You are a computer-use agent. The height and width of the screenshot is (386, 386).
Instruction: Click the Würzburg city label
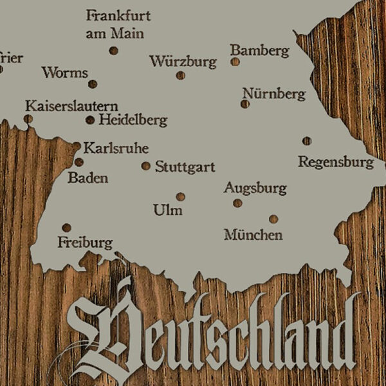(183, 62)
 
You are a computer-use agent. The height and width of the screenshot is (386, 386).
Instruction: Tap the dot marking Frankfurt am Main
(113, 50)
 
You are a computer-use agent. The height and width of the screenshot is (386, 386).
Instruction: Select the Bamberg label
(259, 50)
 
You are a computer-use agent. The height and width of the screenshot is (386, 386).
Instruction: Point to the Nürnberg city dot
(245, 104)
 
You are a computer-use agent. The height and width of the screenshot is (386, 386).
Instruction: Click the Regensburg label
(335, 161)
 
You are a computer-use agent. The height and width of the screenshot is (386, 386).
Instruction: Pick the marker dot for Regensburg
(307, 141)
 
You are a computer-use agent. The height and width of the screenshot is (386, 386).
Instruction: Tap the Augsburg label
(255, 188)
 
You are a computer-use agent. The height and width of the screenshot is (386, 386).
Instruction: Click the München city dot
(273, 219)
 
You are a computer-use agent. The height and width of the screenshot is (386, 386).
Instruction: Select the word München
(253, 235)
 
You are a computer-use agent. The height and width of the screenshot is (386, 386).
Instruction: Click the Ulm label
(168, 210)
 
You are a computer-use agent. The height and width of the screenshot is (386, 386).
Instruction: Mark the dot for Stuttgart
(146, 166)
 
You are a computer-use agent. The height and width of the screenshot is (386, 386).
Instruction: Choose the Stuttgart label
(185, 167)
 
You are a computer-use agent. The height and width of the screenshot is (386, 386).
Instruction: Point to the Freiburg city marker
(66, 228)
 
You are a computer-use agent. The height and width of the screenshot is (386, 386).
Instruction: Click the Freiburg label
(85, 243)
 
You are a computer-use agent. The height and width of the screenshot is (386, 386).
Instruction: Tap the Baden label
(87, 178)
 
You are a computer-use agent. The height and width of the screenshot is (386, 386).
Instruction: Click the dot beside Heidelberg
(90, 120)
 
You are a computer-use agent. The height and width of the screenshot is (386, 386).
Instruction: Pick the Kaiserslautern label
(71, 105)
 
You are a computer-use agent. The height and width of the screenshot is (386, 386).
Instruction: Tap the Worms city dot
(93, 84)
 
